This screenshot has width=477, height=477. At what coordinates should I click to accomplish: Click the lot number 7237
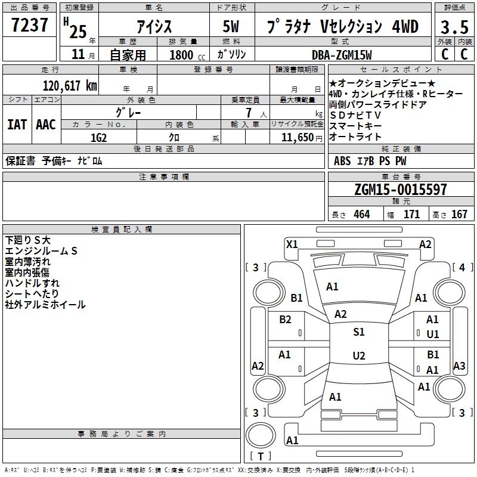[30, 26]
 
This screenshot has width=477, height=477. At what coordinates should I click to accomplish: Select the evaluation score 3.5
[454, 27]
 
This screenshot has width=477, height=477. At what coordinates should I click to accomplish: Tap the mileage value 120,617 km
[70, 86]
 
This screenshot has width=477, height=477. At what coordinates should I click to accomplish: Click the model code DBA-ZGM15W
[342, 55]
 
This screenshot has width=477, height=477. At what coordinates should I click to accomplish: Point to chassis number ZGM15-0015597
[400, 190]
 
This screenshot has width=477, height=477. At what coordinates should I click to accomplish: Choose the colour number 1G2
[98, 137]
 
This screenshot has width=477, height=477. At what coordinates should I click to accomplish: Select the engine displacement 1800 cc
[181, 55]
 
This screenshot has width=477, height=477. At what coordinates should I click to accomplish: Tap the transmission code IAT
[17, 125]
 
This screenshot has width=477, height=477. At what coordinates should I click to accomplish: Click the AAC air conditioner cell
[46, 125]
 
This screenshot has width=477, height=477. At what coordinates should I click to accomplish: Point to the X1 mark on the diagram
[292, 244]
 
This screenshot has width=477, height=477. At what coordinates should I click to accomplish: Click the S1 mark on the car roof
[358, 332]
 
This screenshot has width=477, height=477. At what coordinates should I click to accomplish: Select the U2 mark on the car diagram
[358, 356]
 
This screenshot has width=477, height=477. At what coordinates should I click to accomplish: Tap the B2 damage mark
[286, 320]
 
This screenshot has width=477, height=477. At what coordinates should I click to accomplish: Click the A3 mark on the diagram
[459, 366]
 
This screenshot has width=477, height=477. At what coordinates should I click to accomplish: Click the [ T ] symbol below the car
[261, 456]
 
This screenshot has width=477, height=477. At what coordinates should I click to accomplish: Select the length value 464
[361, 215]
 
